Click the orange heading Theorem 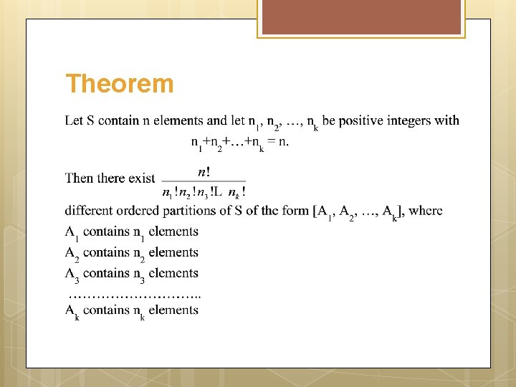click(x=119, y=84)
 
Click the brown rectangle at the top click(x=362, y=19)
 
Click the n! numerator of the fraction click(x=204, y=172)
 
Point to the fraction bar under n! click(x=204, y=181)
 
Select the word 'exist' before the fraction click(x=141, y=178)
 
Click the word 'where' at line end click(x=426, y=211)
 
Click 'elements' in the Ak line click(x=173, y=310)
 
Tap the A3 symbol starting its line click(x=72, y=274)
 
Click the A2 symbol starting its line click(x=72, y=254)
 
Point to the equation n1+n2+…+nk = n click(x=240, y=143)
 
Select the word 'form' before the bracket click(x=297, y=211)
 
